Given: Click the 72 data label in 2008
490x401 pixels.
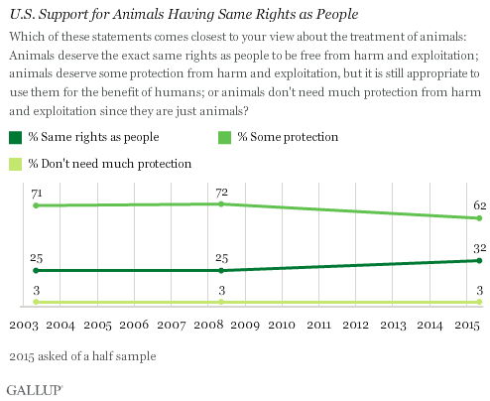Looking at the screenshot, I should click(221, 190).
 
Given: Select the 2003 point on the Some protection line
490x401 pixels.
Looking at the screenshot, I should click(36, 205).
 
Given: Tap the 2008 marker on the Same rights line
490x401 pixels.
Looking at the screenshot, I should click(221, 270).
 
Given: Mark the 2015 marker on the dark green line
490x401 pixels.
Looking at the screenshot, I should click(479, 260).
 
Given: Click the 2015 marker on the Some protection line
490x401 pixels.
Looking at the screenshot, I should click(479, 218).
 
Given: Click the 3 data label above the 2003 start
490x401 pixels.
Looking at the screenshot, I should click(36, 289).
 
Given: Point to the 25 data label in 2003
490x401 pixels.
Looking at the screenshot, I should click(36, 257).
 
